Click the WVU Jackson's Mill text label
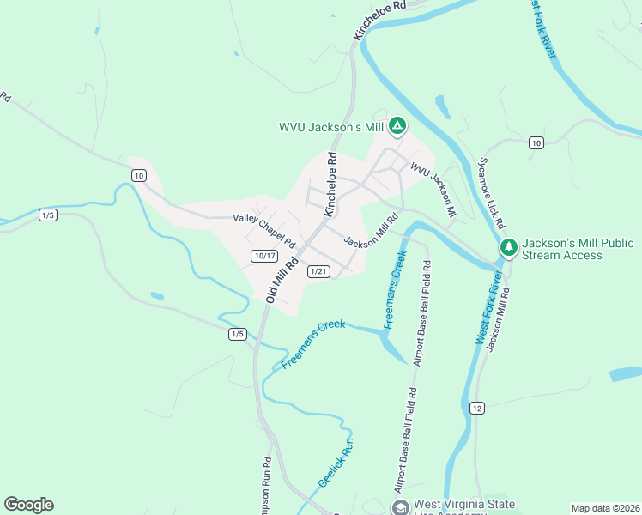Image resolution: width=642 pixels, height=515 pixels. point(330,127)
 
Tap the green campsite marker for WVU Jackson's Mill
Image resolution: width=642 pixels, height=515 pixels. point(397,127)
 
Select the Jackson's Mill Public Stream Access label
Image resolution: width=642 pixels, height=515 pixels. point(580,248)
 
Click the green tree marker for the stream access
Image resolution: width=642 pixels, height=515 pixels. point(509,247)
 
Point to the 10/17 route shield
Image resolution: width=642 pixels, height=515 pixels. point(264,256)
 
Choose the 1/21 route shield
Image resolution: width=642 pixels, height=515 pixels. point(318,271)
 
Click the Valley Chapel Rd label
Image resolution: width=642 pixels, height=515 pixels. point(263,229)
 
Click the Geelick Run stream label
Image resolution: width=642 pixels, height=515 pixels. point(336,463)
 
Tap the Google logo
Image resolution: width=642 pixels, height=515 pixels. point(28,505)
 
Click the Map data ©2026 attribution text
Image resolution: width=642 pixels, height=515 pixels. point(605,508)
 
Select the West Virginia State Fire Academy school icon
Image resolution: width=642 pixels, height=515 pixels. point(400,507)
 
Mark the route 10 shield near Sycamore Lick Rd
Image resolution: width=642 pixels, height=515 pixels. point(536,142)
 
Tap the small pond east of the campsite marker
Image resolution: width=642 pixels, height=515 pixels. point(443,107)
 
